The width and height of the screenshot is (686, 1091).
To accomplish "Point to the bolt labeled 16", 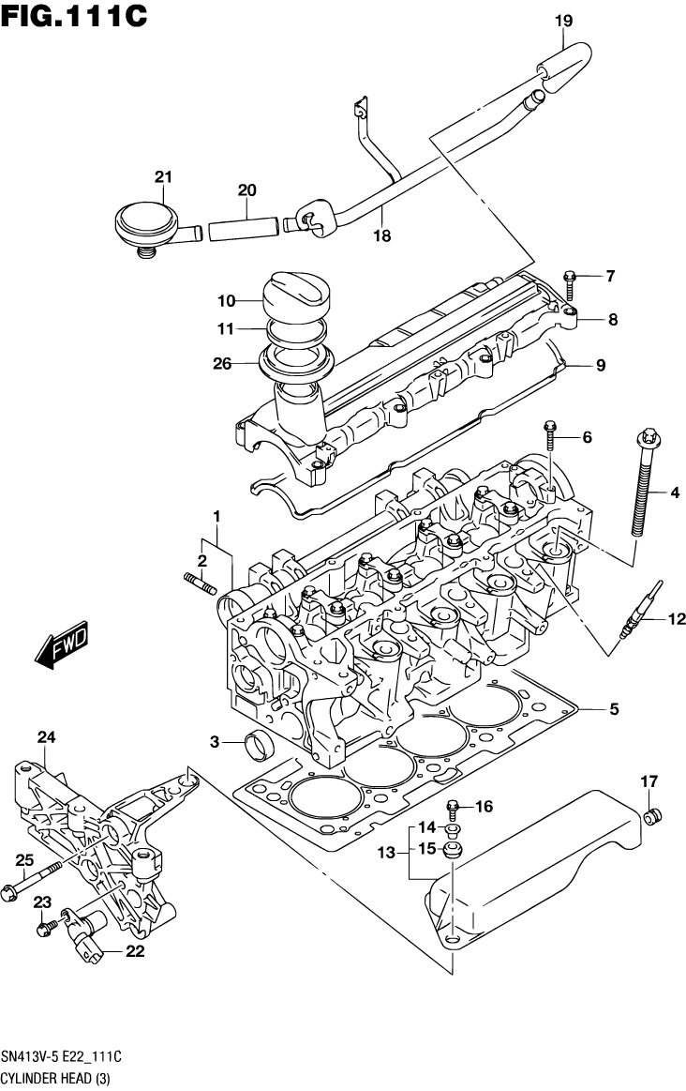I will pos(454,806).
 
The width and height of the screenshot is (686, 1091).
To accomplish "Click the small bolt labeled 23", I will pos(43,928).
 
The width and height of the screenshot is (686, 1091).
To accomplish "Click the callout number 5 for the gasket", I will pos(613,709).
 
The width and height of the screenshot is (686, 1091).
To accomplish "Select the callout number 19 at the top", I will pos(563,19).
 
